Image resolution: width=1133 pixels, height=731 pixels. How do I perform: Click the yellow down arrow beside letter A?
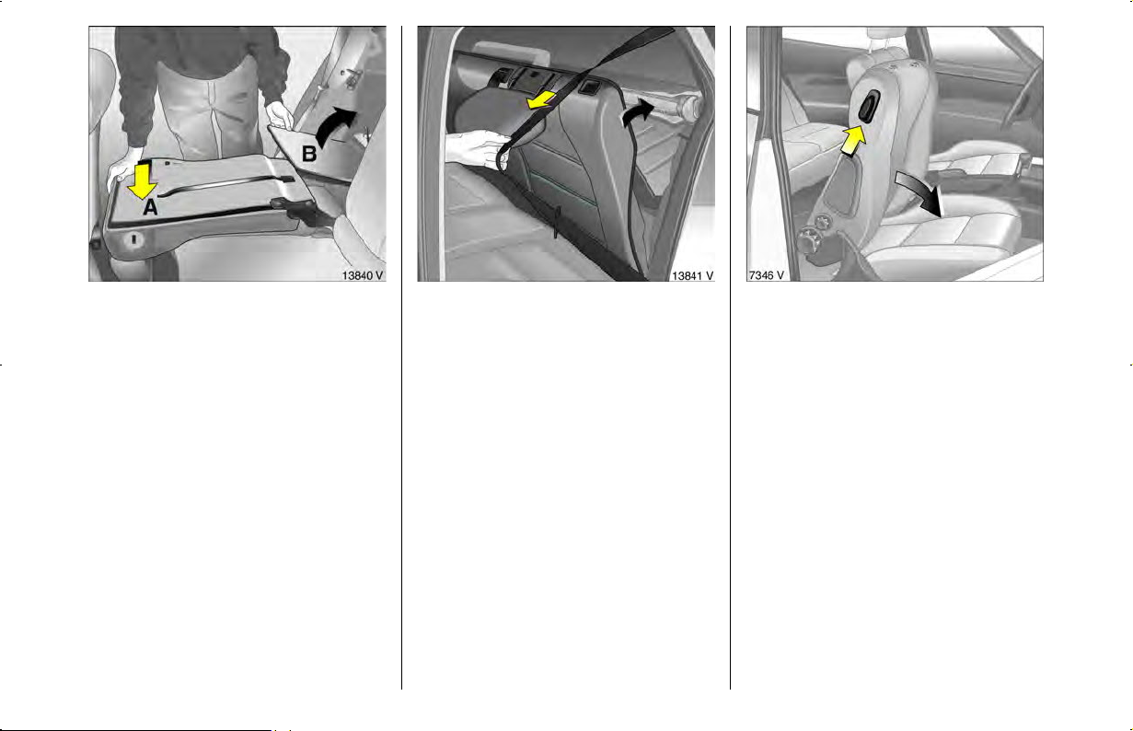pos(142,180)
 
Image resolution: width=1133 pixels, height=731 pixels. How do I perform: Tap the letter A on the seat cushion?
pos(150,207)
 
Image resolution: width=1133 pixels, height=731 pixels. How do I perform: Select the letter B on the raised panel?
pos(309,154)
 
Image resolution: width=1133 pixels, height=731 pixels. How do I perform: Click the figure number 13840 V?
pos(363,275)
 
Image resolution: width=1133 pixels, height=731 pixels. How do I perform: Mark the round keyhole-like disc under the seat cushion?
pos(133,238)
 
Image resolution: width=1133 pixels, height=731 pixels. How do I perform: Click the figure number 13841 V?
pos(692,275)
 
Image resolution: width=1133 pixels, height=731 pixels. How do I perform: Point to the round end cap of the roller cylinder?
pos(690,106)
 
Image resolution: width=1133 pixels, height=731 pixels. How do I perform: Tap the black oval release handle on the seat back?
pos(870,107)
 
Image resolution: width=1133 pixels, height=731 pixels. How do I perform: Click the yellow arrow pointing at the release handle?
pos(853,141)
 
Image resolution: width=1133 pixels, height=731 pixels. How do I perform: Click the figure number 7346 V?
pos(767,275)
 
